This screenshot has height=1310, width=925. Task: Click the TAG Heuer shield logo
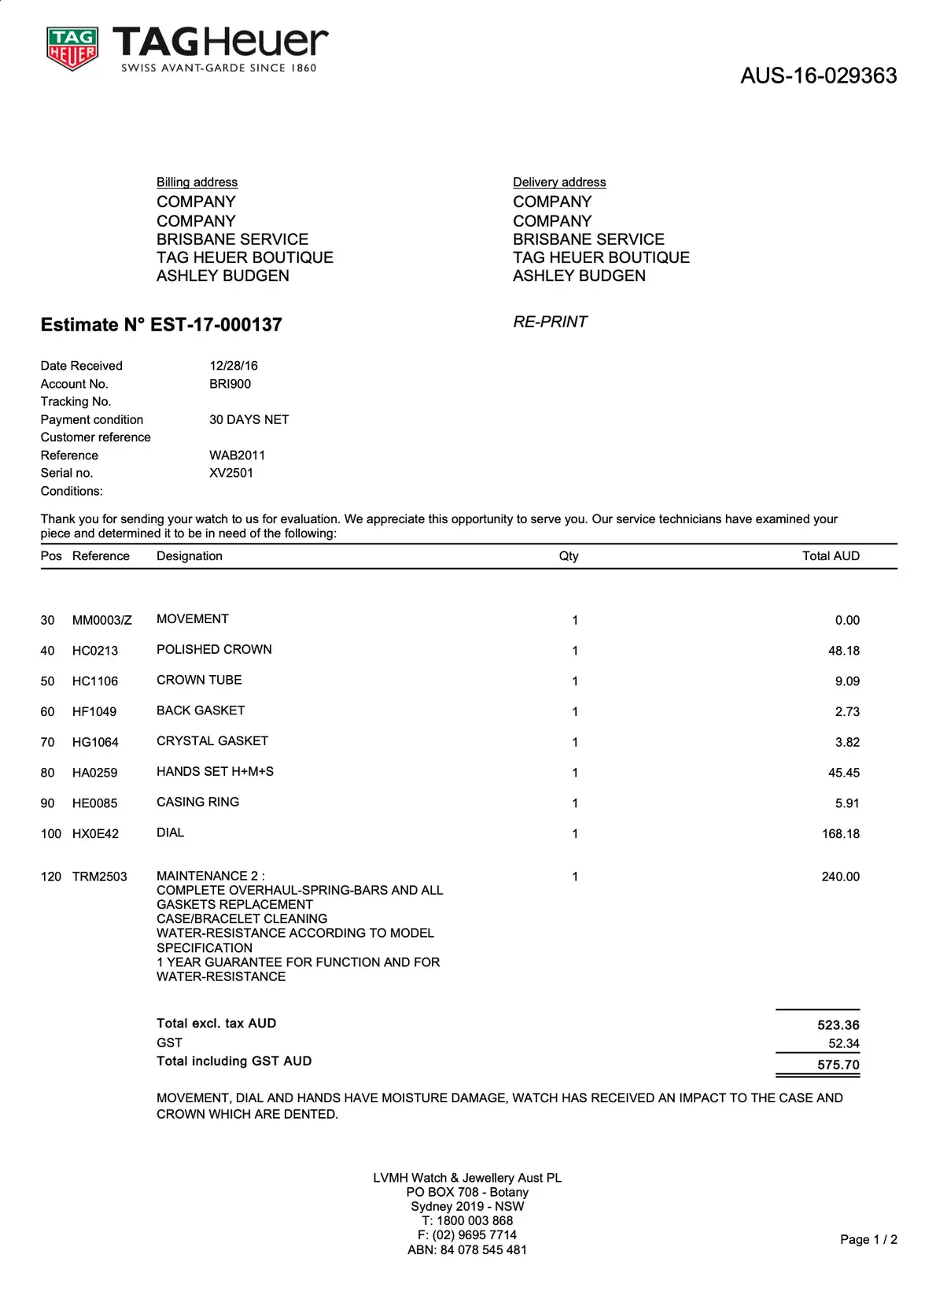click(x=72, y=49)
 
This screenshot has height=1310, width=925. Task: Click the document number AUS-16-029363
click(x=818, y=76)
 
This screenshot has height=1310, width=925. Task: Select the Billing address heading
click(x=197, y=183)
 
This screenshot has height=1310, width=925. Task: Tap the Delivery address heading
click(x=559, y=183)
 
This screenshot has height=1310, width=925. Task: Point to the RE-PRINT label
click(x=550, y=322)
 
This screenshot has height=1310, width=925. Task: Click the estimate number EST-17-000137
click(x=216, y=325)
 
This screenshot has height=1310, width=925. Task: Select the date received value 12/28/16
click(x=234, y=366)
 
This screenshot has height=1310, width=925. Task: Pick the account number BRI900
click(x=230, y=384)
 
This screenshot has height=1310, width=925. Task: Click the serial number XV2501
click(x=231, y=473)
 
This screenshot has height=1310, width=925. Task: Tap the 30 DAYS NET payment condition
click(x=249, y=420)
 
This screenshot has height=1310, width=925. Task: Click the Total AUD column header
click(x=831, y=556)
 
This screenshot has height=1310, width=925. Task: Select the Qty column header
click(x=569, y=556)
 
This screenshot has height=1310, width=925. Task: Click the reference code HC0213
click(x=95, y=651)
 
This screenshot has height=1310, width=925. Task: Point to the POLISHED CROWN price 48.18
click(x=843, y=651)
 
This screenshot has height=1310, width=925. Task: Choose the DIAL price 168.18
click(x=840, y=834)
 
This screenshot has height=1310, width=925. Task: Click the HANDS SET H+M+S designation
click(x=215, y=772)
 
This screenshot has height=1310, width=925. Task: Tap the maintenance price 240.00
click(x=840, y=876)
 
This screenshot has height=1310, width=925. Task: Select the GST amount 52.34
click(x=843, y=1044)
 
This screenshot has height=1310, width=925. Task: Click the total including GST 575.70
click(x=838, y=1065)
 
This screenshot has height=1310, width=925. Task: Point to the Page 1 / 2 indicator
click(x=868, y=1240)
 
